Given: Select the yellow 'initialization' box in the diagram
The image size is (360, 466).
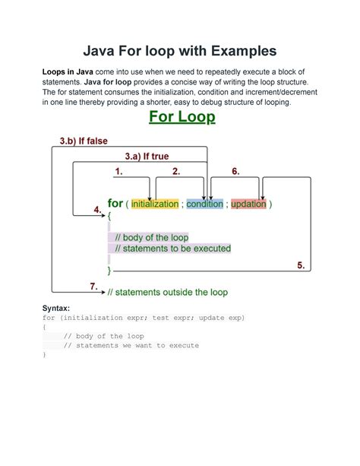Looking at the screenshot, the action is point(154,204).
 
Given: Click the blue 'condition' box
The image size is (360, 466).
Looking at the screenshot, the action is point(204,204).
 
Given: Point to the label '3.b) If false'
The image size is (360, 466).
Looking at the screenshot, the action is point(84,141).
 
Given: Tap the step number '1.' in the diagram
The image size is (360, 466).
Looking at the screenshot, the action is point(118,172).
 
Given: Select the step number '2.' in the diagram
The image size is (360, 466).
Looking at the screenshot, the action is point(176,172).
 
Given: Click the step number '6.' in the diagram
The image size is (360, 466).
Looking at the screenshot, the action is point(235,172).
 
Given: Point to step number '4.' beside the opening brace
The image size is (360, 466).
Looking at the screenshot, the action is point(97,209).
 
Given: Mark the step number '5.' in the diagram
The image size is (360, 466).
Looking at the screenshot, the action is point(300,265).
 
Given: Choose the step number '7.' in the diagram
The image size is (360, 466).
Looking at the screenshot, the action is point(94,286).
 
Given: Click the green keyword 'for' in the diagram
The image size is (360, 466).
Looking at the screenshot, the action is point(115,204).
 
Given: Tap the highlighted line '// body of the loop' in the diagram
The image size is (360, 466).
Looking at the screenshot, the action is point(151,237).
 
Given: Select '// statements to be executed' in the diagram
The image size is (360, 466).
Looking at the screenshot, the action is point(172,249).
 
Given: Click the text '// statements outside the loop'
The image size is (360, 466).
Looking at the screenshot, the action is point(167,291).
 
